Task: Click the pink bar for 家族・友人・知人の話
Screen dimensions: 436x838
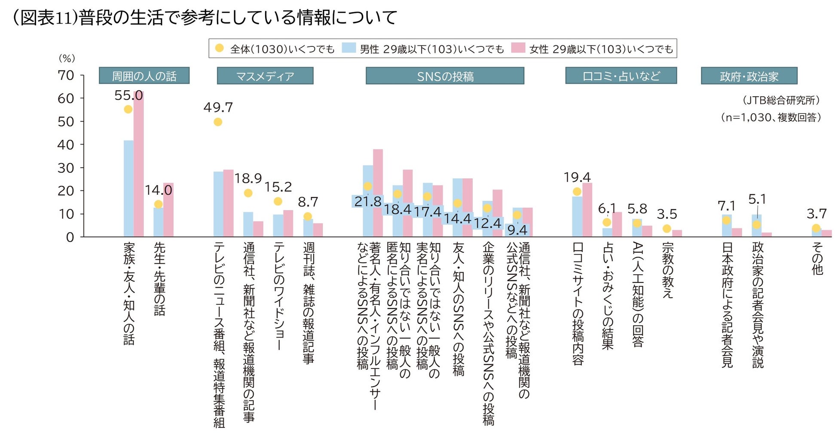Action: [138, 163]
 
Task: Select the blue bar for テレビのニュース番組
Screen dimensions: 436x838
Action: [218, 204]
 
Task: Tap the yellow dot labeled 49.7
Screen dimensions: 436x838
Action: [218, 122]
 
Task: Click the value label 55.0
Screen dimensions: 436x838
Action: [128, 95]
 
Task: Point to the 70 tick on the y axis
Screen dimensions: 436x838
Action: [66, 75]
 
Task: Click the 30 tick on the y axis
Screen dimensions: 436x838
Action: [66, 168]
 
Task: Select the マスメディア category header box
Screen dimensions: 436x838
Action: [265, 76]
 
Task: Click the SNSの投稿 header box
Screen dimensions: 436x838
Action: [445, 76]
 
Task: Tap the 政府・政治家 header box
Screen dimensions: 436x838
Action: [749, 76]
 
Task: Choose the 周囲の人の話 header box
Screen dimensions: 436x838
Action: [144, 76]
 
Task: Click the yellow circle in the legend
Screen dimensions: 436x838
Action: [220, 48]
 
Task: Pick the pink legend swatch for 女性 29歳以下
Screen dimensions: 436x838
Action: [518, 48]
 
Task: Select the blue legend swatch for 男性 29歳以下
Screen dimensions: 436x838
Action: [349, 48]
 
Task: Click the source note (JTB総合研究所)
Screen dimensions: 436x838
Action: [781, 100]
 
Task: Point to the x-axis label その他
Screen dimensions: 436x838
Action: [817, 258]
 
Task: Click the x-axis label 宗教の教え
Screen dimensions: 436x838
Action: [667, 270]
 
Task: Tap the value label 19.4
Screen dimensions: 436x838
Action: [577, 177]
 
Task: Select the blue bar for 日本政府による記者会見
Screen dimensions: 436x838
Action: [726, 226]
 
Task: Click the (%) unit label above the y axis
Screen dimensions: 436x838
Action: [67, 58]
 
